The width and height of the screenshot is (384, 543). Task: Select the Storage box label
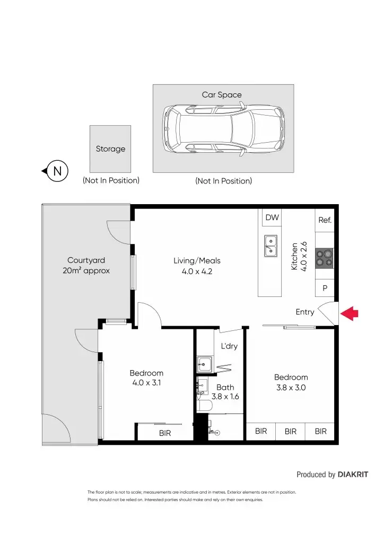pos(110,149)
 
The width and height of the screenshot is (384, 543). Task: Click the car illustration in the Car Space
pos(223,129)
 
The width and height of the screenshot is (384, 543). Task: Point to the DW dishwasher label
pos(272,217)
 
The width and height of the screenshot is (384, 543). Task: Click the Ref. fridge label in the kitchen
pos(325,220)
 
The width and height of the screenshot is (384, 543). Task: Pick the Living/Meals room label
pos(197,261)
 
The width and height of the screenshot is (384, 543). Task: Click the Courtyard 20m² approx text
pos(86,266)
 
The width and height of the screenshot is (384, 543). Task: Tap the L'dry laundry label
pos(229,346)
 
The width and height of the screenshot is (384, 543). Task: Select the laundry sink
pos(204,364)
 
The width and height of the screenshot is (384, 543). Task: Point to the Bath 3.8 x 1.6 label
pos(225,391)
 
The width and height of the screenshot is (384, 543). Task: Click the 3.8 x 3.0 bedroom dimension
pos(291,388)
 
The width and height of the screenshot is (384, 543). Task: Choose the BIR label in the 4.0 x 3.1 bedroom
pos(165,433)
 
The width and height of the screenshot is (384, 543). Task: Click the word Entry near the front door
pos(305,312)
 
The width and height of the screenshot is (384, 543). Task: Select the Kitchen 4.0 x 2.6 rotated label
pos(299,257)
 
